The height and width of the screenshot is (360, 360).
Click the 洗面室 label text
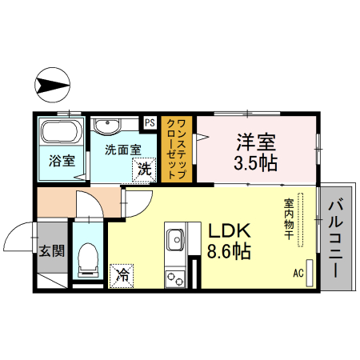coord(122,149)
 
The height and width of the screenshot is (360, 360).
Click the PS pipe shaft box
coord(150,122)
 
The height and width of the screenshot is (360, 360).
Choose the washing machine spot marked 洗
coord(144,169)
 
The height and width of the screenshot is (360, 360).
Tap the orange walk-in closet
coord(178,151)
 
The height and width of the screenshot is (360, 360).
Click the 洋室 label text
coord(255,144)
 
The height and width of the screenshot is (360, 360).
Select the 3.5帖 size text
coord(255,165)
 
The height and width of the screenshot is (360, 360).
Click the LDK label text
coord(230,230)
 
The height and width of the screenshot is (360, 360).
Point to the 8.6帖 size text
coord(230,252)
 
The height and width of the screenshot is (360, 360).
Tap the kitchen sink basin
coord(174,238)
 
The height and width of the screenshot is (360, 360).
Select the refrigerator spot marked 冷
coord(123,274)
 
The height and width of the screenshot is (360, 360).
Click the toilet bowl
coord(88,256)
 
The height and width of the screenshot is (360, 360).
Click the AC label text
coord(298,273)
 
